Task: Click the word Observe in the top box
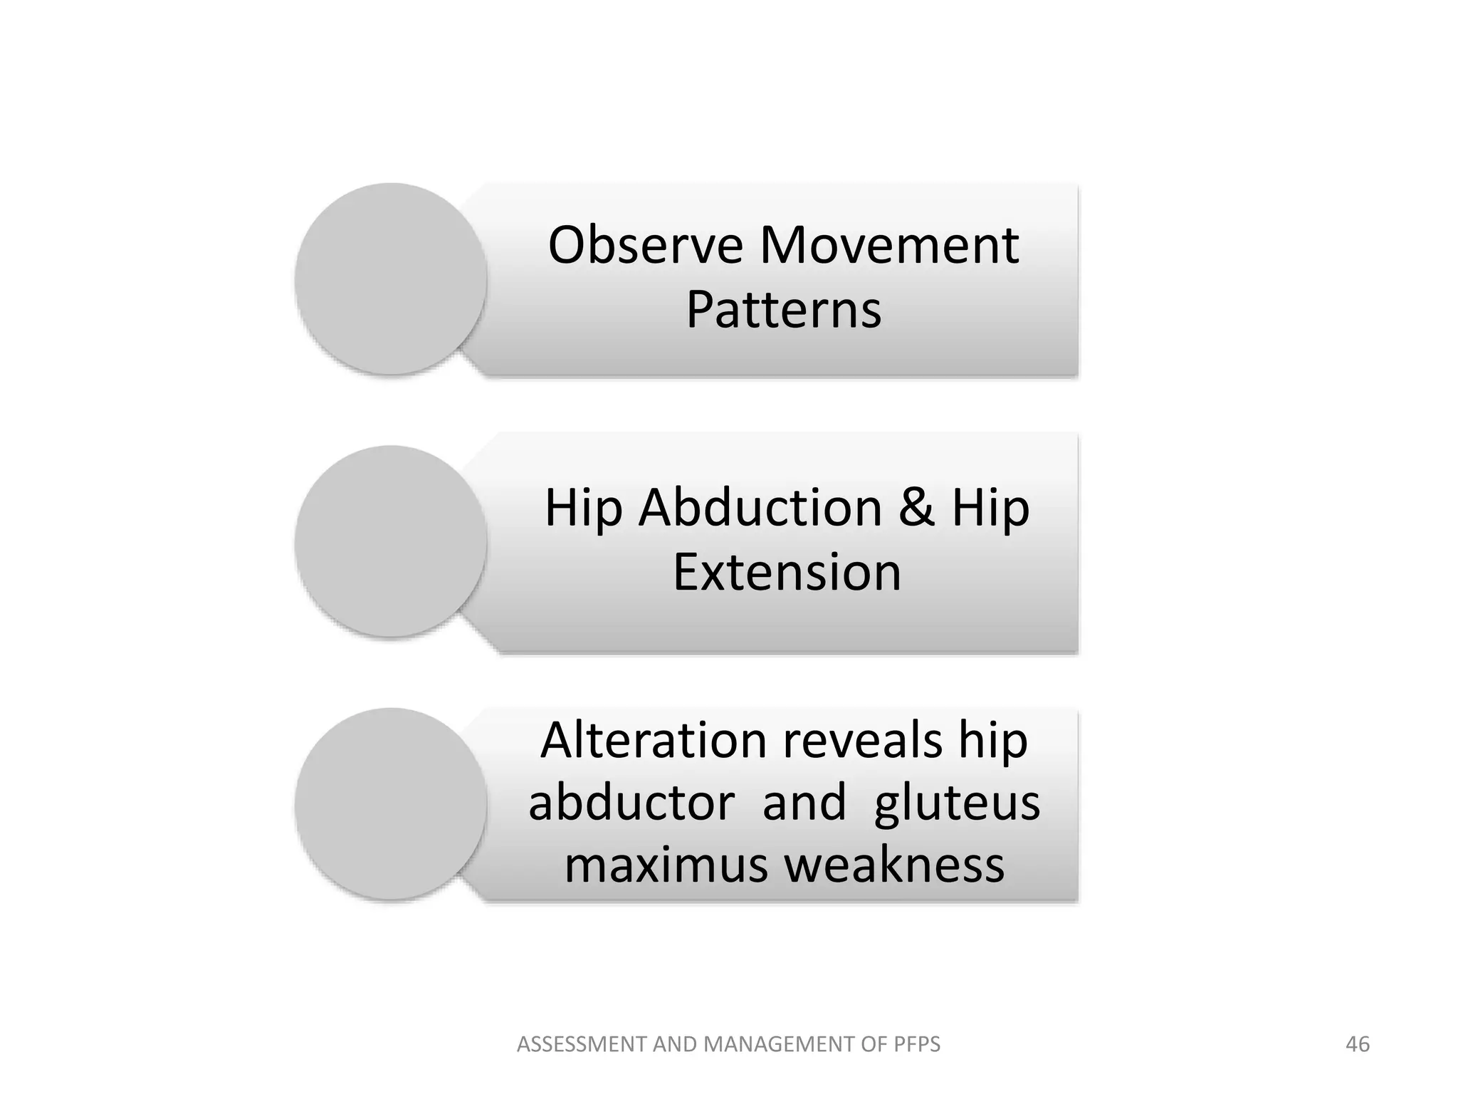coord(645,245)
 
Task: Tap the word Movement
coord(889,245)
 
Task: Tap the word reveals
coord(863,741)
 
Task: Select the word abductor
coord(631,803)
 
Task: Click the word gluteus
coord(957,803)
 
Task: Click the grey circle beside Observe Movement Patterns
coord(391,278)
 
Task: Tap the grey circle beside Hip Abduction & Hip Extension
coord(391,541)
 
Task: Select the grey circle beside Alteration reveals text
coord(391,803)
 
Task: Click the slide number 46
coord(1358,1044)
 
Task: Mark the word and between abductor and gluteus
coord(804,803)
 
